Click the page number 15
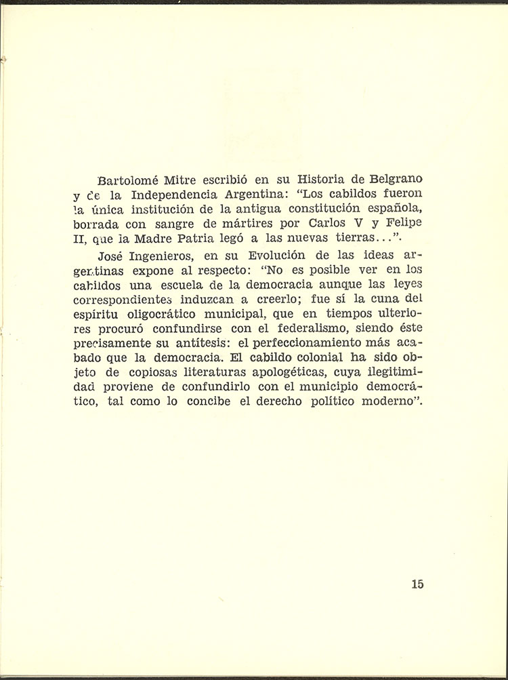[x=417, y=584]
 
